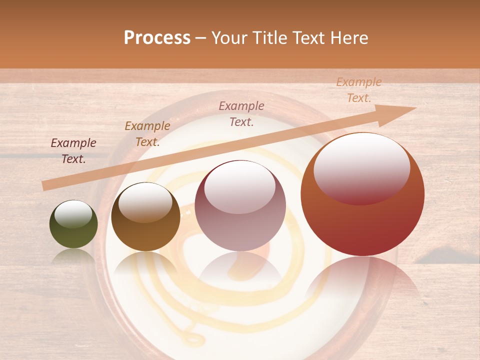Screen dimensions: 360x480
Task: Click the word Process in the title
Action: pyautogui.click(x=157, y=38)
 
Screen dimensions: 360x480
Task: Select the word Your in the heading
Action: pyautogui.click(x=230, y=38)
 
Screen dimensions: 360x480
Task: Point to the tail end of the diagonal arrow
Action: pyautogui.click(x=45, y=185)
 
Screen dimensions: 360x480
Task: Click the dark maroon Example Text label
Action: pyautogui.click(x=73, y=151)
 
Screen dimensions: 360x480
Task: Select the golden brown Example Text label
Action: pyautogui.click(x=147, y=134)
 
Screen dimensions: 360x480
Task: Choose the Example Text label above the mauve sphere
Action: pyautogui.click(x=241, y=113)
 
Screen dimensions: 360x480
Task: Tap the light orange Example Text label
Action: pyautogui.click(x=358, y=90)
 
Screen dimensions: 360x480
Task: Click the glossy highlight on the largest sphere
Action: pyautogui.click(x=361, y=168)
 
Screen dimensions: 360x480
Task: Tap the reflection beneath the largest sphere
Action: pyautogui.click(x=362, y=280)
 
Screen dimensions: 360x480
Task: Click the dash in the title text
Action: pyautogui.click(x=201, y=38)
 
